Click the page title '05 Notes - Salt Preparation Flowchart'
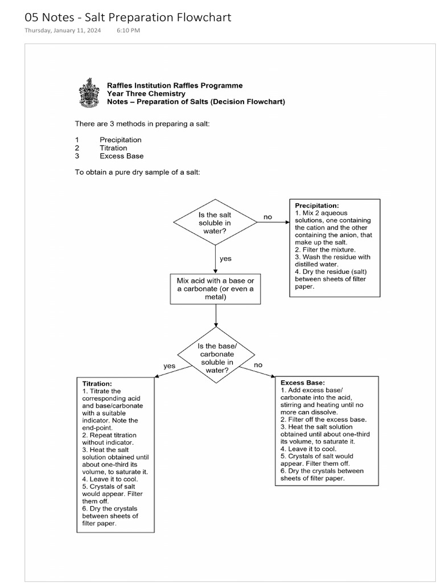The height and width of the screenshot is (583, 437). pyautogui.click(x=128, y=17)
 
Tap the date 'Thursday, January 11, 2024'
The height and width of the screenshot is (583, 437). pyautogui.click(x=63, y=31)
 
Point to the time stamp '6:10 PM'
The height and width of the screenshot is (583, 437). pyautogui.click(x=128, y=31)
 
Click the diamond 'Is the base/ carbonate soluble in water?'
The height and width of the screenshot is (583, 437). pyautogui.click(x=216, y=358)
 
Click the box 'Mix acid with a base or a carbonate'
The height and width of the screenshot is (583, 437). pyautogui.click(x=216, y=289)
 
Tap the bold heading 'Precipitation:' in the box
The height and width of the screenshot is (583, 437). pyautogui.click(x=317, y=206)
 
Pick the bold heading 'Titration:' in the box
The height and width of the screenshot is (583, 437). pyautogui.click(x=97, y=384)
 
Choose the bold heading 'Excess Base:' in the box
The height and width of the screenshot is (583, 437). pyautogui.click(x=303, y=383)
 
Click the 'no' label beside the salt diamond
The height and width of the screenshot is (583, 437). pyautogui.click(x=267, y=217)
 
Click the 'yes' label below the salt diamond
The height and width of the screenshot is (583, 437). pyautogui.click(x=225, y=258)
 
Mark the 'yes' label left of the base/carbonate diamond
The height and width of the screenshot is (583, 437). pyautogui.click(x=170, y=366)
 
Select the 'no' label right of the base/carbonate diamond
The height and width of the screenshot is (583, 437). pyautogui.click(x=258, y=364)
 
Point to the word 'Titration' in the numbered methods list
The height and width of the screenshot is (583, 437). pyautogui.click(x=113, y=148)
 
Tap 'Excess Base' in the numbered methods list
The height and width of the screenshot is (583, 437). pyautogui.click(x=121, y=156)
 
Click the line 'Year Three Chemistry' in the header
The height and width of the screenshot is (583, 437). pyautogui.click(x=146, y=93)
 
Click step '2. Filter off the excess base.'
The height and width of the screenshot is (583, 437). pyautogui.click(x=323, y=419)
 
